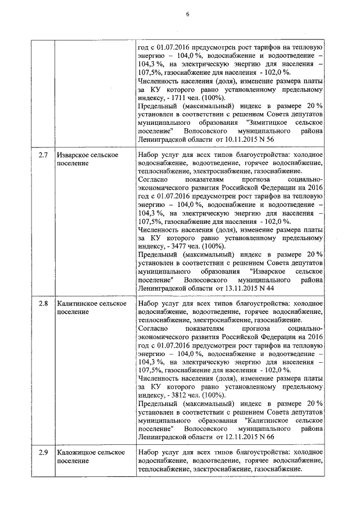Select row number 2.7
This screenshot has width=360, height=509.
43,155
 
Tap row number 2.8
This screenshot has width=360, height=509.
43,304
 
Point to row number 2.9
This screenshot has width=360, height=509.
43,453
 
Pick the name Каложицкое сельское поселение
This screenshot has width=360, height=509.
88,457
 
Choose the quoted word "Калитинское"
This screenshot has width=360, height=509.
268,420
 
